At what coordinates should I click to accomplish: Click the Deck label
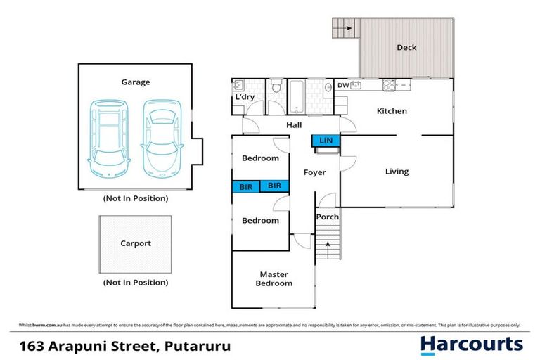coord(406,48)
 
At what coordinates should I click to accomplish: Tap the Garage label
coord(136,82)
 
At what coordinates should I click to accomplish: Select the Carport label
coord(136,244)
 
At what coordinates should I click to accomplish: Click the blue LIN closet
coord(326,141)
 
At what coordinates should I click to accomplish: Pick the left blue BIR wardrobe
coord(246,186)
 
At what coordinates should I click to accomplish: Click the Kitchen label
coord(392,111)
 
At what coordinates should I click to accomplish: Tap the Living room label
coord(397,172)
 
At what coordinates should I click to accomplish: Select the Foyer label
coord(314,172)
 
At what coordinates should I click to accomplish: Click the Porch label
coord(327,217)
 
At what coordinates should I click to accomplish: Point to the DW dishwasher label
coord(343,86)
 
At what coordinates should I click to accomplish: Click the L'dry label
coord(244,108)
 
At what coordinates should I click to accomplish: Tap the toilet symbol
coord(277,87)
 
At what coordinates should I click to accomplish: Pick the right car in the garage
coord(159,138)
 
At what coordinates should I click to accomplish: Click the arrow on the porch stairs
coord(326,245)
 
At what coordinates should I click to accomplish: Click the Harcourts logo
coord(471,345)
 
